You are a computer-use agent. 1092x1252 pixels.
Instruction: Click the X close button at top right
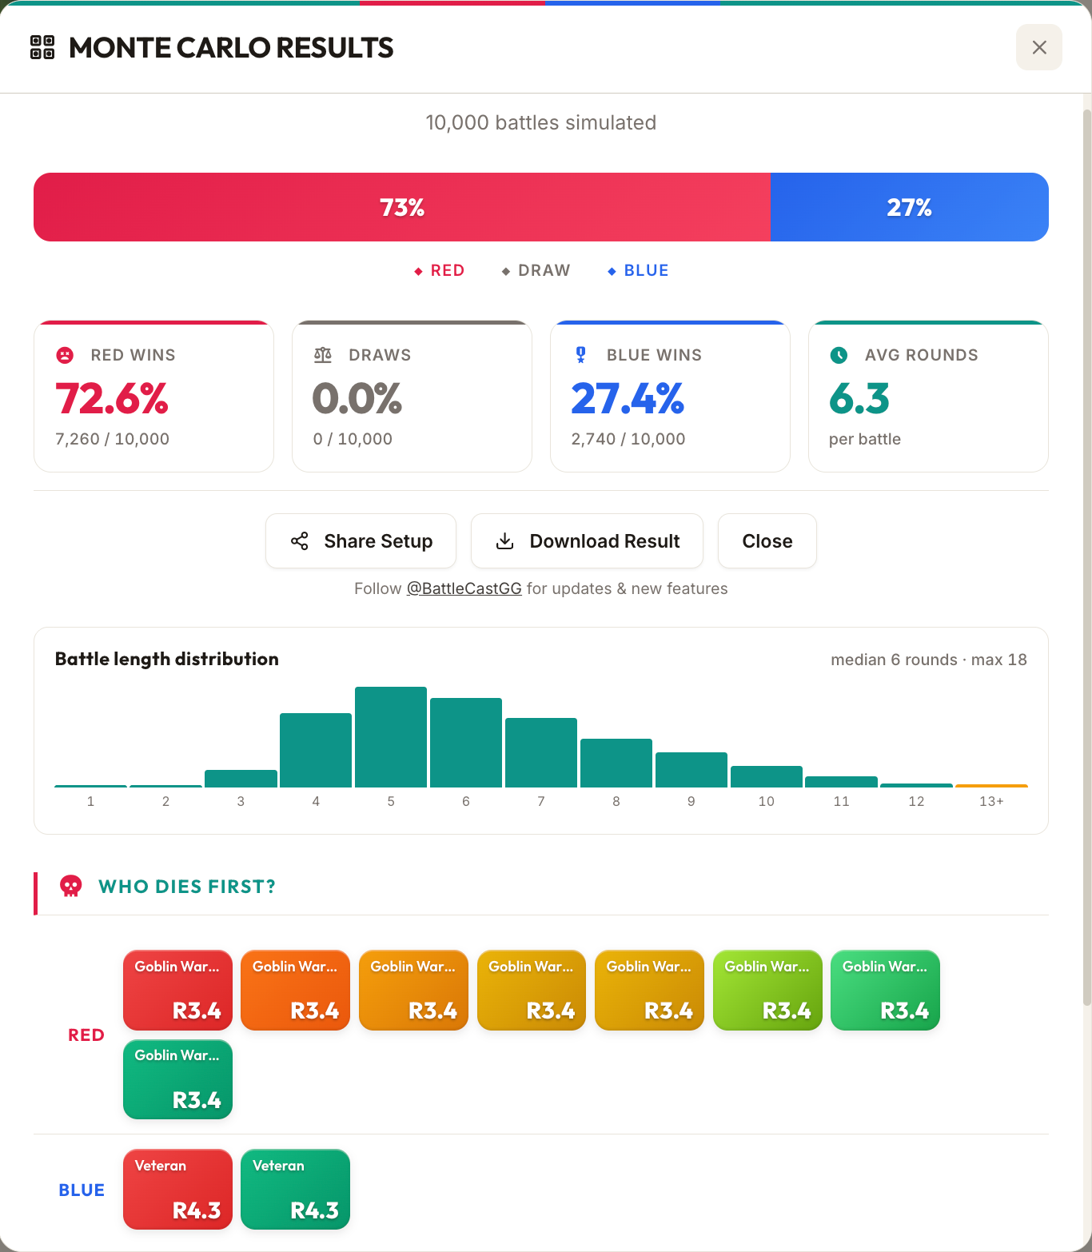pos(1038,47)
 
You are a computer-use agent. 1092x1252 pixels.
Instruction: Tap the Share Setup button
pos(361,541)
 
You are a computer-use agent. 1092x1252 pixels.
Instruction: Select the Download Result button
pos(587,541)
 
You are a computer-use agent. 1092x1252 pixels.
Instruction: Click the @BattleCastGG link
pos(464,588)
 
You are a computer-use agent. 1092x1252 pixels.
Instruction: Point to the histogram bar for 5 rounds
pos(391,737)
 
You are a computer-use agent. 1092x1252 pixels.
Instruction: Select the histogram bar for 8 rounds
pos(616,763)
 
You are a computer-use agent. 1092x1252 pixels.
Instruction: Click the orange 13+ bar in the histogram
pos(991,785)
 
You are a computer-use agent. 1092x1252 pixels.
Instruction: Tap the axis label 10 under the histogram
pos(766,801)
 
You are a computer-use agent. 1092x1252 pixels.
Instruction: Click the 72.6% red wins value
pos(112,399)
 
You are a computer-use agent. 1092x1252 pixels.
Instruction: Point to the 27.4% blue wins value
pos(628,399)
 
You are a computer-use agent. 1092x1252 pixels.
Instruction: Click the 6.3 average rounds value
pos(859,399)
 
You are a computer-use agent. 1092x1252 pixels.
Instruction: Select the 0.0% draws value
pos(357,399)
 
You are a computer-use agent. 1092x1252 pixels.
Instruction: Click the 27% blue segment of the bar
pos(909,207)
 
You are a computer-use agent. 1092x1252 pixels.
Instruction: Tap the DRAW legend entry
pos(536,270)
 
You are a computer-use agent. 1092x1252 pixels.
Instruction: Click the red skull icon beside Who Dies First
pos(71,886)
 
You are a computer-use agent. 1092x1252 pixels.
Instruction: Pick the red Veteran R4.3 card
pos(177,1189)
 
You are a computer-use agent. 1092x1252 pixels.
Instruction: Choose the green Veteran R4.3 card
pos(295,1189)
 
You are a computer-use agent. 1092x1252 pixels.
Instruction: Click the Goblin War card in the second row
pos(177,1079)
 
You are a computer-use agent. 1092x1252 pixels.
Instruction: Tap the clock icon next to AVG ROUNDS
pos(839,355)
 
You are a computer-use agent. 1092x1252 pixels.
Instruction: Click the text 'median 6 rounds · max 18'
pos(928,660)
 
